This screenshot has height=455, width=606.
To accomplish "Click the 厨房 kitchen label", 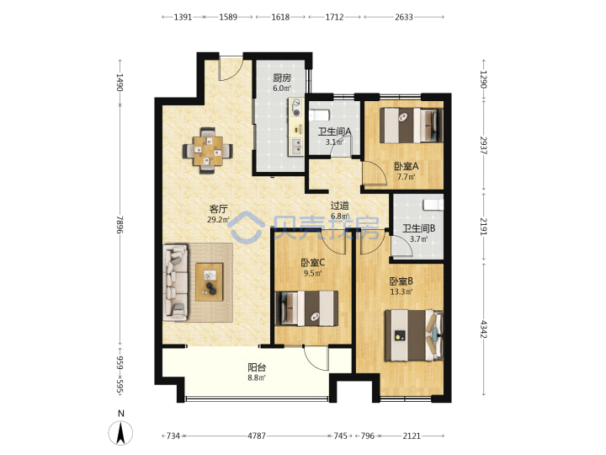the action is (x=282, y=78).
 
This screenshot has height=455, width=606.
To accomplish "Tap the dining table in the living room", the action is (x=208, y=151).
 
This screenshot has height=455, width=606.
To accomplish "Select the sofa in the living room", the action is (x=175, y=282).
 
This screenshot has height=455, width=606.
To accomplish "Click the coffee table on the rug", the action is (x=209, y=282).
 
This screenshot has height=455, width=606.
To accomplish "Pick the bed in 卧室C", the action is (x=306, y=308).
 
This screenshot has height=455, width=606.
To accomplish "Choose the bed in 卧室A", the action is (x=412, y=125).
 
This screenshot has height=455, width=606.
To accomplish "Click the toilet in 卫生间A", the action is (x=319, y=115).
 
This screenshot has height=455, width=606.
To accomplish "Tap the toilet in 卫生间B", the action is (x=433, y=205).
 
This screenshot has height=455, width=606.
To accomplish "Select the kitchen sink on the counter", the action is (x=296, y=147).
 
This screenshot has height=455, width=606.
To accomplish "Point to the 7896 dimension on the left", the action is (x=120, y=225).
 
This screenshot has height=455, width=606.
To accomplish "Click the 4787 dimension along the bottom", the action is (x=257, y=436).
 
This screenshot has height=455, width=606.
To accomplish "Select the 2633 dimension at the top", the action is (x=404, y=17).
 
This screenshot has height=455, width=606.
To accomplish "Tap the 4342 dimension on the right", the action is (x=483, y=329).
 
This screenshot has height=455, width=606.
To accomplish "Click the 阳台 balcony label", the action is (x=257, y=367).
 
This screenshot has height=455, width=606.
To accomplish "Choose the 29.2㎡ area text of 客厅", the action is (x=218, y=220).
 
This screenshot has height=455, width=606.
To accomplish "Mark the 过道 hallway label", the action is (x=340, y=206).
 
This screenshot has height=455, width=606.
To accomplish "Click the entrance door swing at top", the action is (x=231, y=69).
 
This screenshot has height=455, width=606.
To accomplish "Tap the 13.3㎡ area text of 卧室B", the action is (x=401, y=292).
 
